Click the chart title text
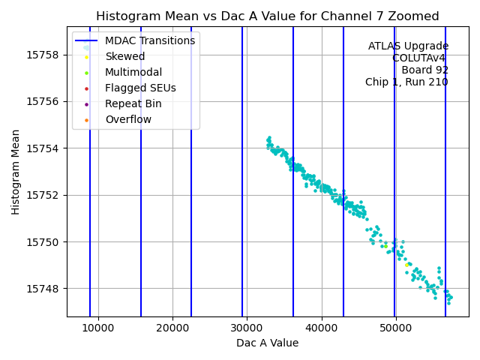pyautogui.click(x=267, y=16)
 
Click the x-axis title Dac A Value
pyautogui.click(x=267, y=343)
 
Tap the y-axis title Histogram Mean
pyautogui.click(x=16, y=172)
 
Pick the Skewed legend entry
pyautogui.click(x=124, y=56)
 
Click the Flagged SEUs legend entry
pyautogui.click(x=140, y=88)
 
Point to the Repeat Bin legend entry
pyautogui.click(x=133, y=103)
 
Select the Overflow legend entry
pyautogui.click(x=127, y=119)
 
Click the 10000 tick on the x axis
pyautogui.click(x=98, y=328)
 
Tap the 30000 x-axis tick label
pyautogui.click(x=247, y=328)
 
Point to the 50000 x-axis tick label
pyautogui.click(x=396, y=328)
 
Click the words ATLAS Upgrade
pyautogui.click(x=408, y=46)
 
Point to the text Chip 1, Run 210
pyautogui.click(x=406, y=82)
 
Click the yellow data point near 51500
pyautogui.click(x=406, y=265)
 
